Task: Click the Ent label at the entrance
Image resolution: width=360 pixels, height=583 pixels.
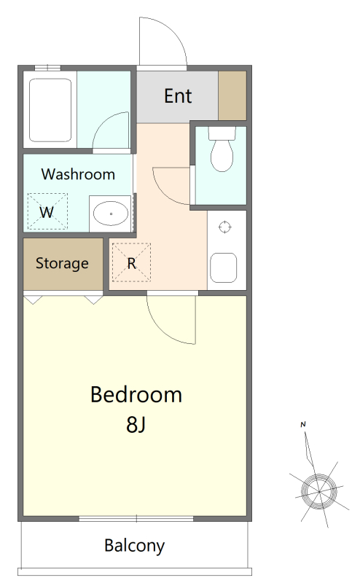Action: (178, 96)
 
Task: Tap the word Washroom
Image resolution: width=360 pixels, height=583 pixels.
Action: (78, 174)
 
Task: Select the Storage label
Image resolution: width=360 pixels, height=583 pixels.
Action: (62, 263)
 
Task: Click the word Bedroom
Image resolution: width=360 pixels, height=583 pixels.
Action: (136, 394)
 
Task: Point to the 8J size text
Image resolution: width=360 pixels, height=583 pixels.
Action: (136, 424)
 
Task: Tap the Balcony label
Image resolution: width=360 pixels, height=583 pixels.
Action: (134, 546)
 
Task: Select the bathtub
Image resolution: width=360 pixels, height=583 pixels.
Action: (50, 110)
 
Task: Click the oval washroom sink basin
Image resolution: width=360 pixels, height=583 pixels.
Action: (111, 214)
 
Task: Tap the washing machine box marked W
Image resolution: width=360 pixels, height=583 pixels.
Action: (47, 211)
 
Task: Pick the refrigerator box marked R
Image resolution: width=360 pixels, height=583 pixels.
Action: (131, 262)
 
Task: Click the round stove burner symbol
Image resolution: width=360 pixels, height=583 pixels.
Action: (224, 227)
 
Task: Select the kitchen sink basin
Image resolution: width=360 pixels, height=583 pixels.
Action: (224, 267)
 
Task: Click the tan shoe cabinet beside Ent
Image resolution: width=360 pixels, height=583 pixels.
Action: (232, 95)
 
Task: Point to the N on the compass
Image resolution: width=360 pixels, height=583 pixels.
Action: (303, 424)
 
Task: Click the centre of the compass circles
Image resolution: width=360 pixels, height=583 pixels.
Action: (318, 491)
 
